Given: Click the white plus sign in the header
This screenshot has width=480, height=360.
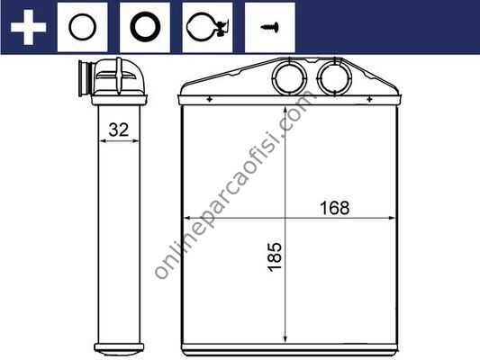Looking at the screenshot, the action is tap(28, 27).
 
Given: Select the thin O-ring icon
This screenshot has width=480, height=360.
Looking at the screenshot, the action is tap(70, 28).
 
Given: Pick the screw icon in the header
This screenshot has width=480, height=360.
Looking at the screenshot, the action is tap(270, 27).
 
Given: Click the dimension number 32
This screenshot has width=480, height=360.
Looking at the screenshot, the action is tap(119, 130).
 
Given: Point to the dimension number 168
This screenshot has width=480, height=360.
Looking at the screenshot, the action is tap(334, 208).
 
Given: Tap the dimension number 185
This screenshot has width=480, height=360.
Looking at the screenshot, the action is tap(275, 256).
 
